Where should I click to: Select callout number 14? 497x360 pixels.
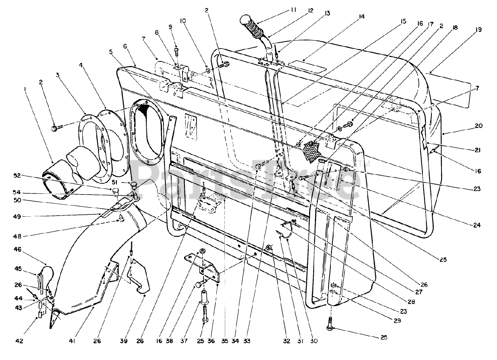pos(362,16)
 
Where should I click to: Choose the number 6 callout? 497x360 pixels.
pos(125,46)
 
